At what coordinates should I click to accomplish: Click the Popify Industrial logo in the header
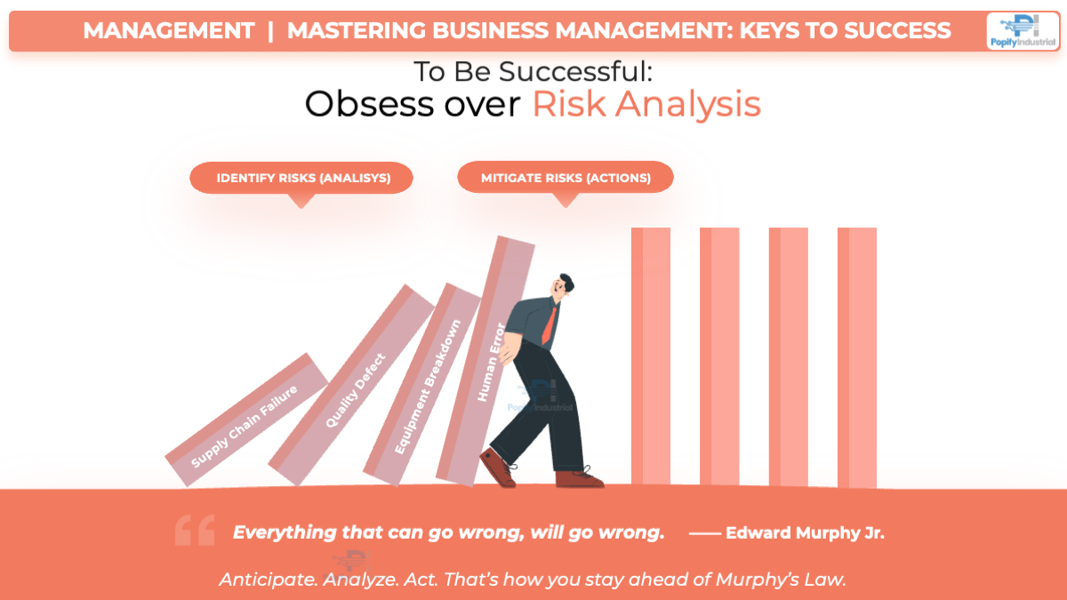click(x=1022, y=30)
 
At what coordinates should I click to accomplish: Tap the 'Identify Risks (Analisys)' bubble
click(x=302, y=178)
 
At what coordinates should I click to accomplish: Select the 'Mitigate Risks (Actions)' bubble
click(x=566, y=178)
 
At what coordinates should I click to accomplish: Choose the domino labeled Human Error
click(x=490, y=360)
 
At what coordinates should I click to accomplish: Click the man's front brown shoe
click(x=579, y=478)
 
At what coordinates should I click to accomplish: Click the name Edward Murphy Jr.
click(x=805, y=533)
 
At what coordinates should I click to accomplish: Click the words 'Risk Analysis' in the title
click(x=646, y=105)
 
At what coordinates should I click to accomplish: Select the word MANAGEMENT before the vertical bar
click(x=169, y=31)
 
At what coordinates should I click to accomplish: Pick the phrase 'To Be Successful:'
click(x=533, y=72)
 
